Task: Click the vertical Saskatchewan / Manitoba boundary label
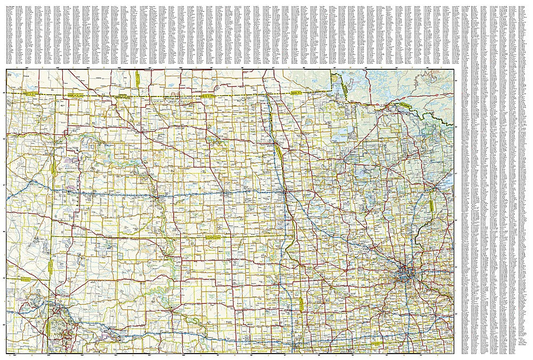point(137,77)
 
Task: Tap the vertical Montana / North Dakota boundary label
point(54,169)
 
